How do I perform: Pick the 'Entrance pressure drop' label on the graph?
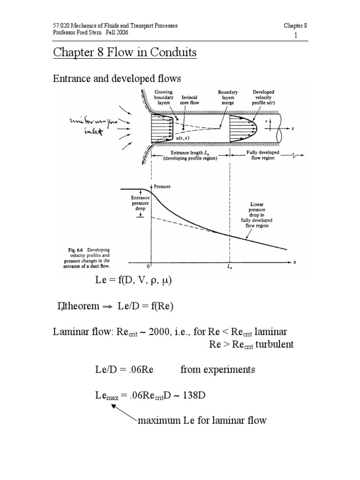coord(140,203)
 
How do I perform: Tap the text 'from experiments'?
coord(217,369)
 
